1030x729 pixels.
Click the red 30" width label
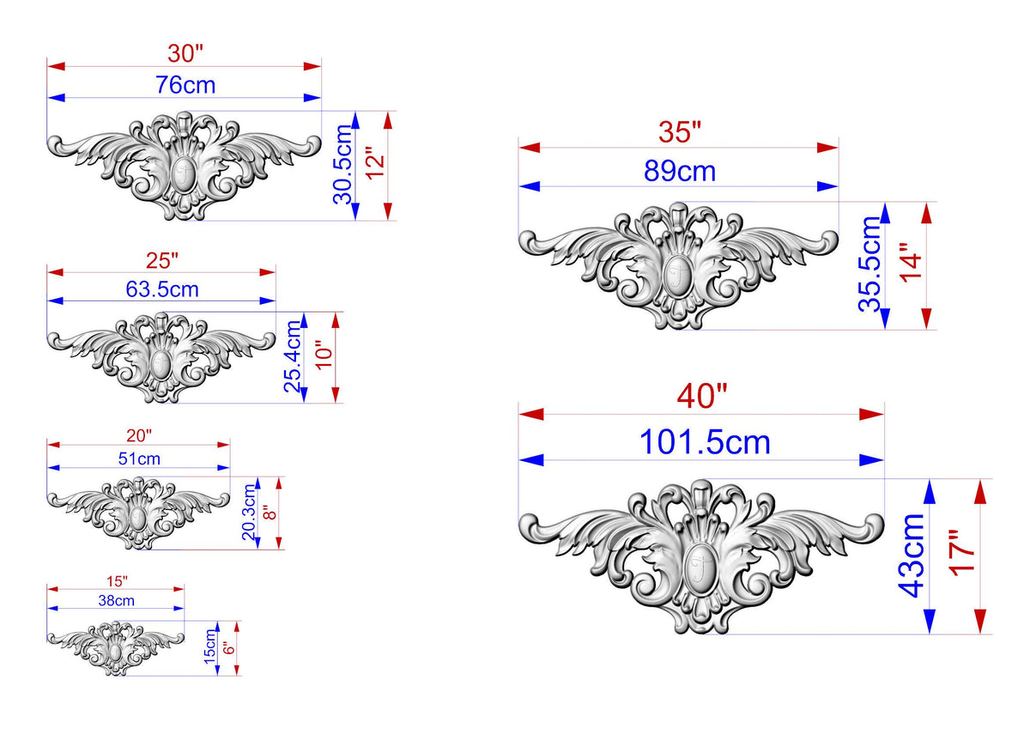(185, 53)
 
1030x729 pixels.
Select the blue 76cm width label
(185, 85)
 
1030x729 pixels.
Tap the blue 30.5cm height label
(342, 164)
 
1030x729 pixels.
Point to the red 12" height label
(375, 163)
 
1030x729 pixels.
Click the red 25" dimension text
(162, 261)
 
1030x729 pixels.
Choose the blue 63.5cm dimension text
(162, 289)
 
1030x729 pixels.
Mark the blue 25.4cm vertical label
(293, 356)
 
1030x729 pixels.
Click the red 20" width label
(139, 435)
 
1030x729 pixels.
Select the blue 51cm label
(139, 459)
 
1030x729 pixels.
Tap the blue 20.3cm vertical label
(249, 512)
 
